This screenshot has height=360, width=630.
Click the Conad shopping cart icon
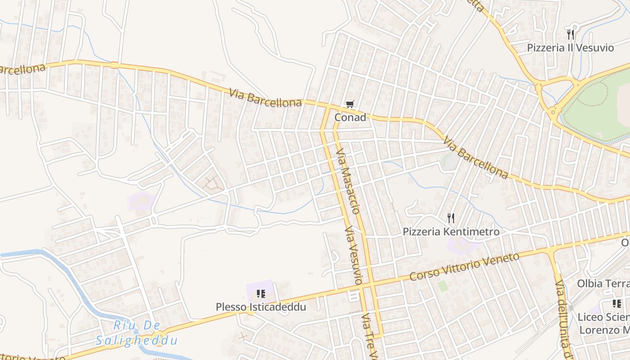pyautogui.click(x=350, y=105)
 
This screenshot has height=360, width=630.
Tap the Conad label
pyautogui.click(x=350, y=117)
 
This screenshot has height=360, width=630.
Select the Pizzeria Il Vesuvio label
pyautogui.click(x=570, y=48)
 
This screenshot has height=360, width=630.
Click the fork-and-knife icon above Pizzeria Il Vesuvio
pyautogui.click(x=570, y=34)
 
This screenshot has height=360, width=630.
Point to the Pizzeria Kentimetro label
pyautogui.click(x=451, y=232)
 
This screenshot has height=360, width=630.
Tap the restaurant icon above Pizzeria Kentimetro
pyautogui.click(x=451, y=218)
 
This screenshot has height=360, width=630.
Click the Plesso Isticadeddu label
pyautogui.click(x=261, y=307)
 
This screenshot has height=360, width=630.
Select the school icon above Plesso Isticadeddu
pyautogui.click(x=261, y=294)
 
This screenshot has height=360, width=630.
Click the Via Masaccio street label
pyautogui.click(x=348, y=181)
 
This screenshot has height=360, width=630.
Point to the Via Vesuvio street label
pyautogui.click(x=353, y=255)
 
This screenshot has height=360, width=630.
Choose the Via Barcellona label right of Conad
pyautogui.click(x=475, y=158)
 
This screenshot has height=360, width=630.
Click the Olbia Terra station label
pyautogui.click(x=603, y=284)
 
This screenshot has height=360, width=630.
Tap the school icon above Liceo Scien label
pyautogui.click(x=616, y=304)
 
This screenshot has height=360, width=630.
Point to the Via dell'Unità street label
pyautogui.click(x=562, y=319)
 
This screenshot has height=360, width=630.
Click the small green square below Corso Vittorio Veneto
pyautogui.click(x=443, y=285)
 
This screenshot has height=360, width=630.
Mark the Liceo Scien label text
pyautogui.click(x=603, y=317)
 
